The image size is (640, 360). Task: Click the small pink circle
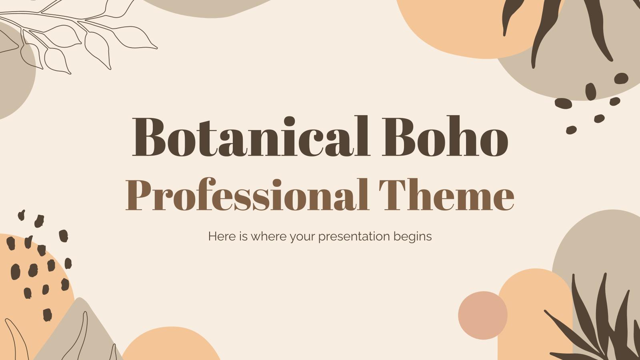tap(482, 315)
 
